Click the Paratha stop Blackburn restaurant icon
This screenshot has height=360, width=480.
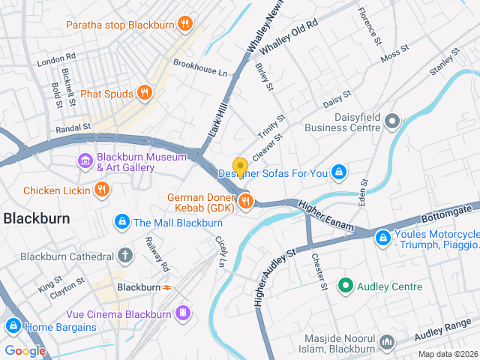[183, 24]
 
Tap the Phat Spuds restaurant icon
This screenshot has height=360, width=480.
[145, 93]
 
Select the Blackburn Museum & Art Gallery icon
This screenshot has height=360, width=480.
[85, 161]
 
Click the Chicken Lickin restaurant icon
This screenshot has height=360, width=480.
[101, 190]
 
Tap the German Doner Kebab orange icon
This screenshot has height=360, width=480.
[245, 200]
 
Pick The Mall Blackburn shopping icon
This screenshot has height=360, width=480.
[121, 222]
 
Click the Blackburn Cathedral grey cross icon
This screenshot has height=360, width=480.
[125, 256]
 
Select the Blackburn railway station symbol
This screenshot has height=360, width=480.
[166, 286]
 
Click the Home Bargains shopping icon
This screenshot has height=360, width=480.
[13, 326]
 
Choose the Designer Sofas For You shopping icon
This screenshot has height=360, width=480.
[339, 173]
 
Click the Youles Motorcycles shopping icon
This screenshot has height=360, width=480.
[382, 237]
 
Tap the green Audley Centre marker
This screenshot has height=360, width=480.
[345, 286]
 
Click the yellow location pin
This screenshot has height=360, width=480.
[240, 166]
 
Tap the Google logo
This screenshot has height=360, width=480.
[25, 350]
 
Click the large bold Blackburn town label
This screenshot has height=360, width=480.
[37, 218]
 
